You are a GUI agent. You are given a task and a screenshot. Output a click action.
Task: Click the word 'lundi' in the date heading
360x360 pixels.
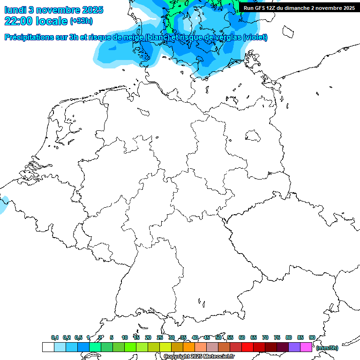pos(15,9)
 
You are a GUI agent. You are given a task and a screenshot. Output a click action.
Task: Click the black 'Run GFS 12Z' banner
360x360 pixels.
pos(299,7)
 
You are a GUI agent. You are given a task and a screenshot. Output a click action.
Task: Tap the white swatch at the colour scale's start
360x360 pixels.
pos(48,347)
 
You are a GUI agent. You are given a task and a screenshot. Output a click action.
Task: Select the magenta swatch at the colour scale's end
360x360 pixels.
pos(306,347)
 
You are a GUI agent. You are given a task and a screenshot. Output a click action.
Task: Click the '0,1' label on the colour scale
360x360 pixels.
pos(55,337)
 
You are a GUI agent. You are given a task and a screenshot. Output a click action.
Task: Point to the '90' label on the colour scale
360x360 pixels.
pos(312,337)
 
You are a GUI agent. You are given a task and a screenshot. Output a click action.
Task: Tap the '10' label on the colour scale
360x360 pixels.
pos(125,337)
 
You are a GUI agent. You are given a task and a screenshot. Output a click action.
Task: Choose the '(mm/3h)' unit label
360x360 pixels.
pos(328,348)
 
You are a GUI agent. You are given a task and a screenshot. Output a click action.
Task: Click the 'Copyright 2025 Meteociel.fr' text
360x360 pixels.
pos(199,356)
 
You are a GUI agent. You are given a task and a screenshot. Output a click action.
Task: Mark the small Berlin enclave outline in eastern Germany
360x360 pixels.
pos(253,135)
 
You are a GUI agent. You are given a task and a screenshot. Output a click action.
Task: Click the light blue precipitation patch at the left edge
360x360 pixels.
pos(3,205)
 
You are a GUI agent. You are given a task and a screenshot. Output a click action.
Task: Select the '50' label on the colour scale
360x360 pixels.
pos(218,337)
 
